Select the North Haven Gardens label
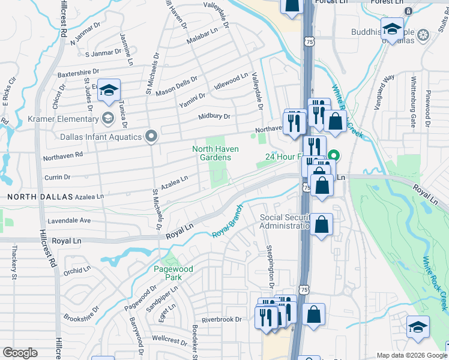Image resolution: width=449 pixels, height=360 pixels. click(215, 154)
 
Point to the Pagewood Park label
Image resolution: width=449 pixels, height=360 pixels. click(173, 274)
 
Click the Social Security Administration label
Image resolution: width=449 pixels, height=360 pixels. click(285, 221)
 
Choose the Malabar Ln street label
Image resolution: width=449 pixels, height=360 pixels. click(202, 33)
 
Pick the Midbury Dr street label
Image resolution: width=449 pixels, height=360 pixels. click(214, 116)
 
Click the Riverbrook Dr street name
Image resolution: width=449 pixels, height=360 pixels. click(221, 319)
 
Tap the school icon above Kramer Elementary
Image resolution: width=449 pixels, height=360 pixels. click(109, 90)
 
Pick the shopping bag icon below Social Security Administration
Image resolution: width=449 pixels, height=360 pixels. click(321, 225)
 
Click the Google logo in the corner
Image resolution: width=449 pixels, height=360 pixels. click(20, 353)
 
